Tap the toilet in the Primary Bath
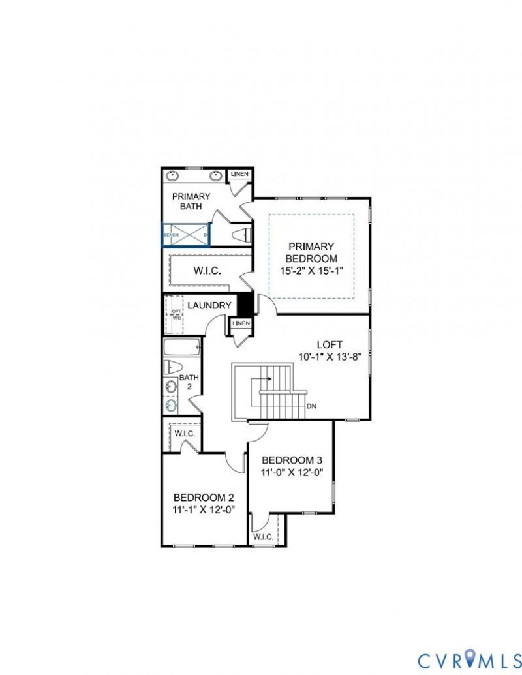point(241,235)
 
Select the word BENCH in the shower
point(171,235)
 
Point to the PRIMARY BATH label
point(191,201)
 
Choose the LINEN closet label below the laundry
point(241,323)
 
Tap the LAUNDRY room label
point(209,305)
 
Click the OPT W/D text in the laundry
point(176,314)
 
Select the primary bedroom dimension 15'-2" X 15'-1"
point(311,270)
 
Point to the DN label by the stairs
point(311,406)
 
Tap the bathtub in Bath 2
point(179,347)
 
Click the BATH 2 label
point(189,382)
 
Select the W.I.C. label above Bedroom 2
point(183,433)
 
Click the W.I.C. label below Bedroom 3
point(263,537)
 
